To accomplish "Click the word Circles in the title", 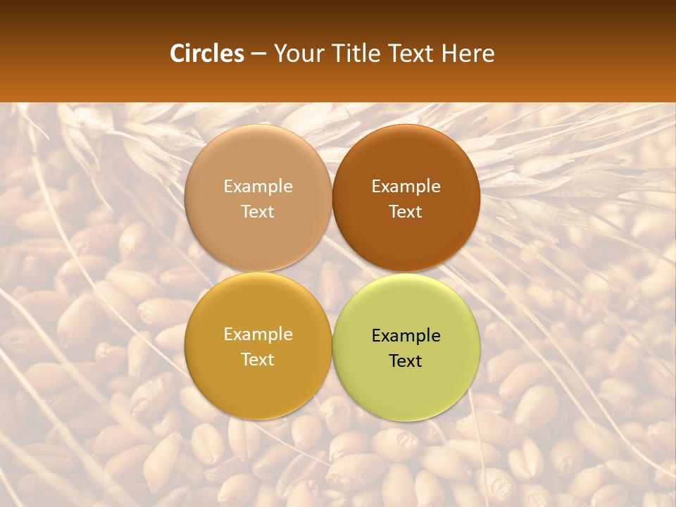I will pos(207,54).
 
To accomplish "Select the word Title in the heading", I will pos(354,54).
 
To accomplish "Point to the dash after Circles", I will pos(258,54).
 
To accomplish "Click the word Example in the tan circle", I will pos(258,186).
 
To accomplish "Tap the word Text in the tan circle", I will pos(258,211).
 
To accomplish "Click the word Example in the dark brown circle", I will pos(406,186).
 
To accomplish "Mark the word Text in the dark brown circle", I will pos(406,211).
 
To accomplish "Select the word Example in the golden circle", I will pos(258,334).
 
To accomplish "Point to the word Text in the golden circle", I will pos(258,359).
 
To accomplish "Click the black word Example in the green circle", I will pos(406,336).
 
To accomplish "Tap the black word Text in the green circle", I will pos(406,361).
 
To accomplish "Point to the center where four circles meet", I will pos(332,273).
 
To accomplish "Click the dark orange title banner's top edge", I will pos(338,2).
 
